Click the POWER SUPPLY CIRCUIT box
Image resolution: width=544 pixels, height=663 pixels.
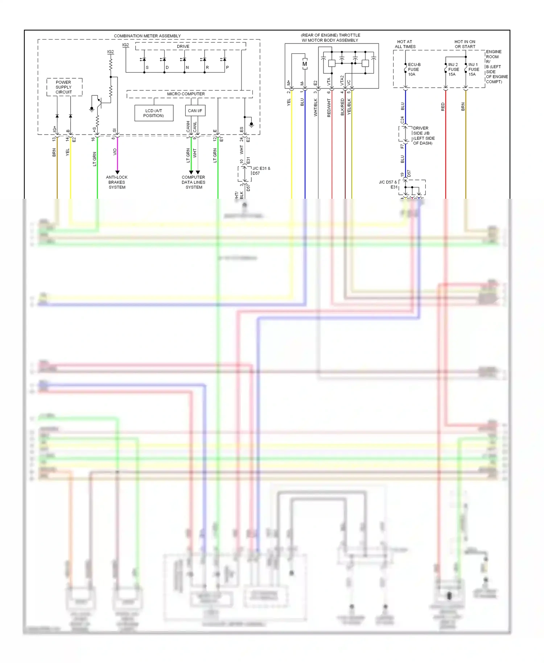tap(64, 87)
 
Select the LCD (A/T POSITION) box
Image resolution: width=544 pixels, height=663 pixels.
tap(153, 113)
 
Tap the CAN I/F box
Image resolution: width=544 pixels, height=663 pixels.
tap(195, 111)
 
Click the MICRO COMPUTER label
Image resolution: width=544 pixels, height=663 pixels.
tap(186, 94)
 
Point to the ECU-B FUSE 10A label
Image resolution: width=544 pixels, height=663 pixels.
tap(414, 69)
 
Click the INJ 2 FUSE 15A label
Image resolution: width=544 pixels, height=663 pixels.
tap(453, 69)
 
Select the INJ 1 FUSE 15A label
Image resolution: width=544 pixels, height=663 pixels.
tap(473, 69)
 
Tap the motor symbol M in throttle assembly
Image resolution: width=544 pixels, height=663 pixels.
tap(305, 64)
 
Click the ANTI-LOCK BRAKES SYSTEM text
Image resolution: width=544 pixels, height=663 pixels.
tap(117, 182)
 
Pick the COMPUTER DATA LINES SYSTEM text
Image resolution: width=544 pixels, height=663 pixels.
tap(193, 182)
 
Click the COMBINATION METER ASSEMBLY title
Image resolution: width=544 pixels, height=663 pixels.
tap(147, 36)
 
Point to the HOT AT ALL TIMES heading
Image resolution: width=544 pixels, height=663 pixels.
tap(405, 44)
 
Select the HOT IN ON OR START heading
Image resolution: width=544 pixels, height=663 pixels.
tap(465, 44)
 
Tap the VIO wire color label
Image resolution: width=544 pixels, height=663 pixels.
tap(115, 152)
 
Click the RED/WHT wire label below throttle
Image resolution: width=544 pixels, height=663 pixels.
tap(329, 108)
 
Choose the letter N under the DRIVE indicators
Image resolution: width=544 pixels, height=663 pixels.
tap(187, 67)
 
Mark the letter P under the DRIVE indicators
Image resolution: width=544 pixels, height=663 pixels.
tap(227, 67)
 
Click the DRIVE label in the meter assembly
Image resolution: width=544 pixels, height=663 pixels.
tap(183, 46)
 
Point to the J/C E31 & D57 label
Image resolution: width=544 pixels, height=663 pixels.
tap(261, 170)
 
